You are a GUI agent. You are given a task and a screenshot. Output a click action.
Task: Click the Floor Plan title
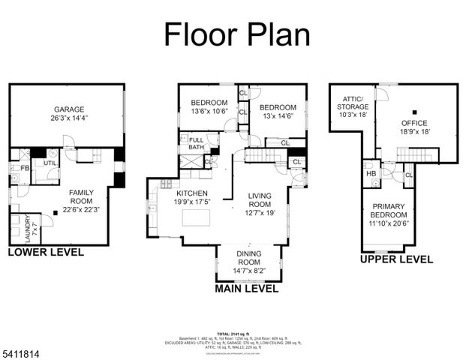tap(236, 34)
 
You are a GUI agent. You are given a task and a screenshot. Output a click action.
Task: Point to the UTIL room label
tap(50, 163)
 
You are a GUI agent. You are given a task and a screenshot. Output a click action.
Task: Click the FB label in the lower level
tap(24, 168)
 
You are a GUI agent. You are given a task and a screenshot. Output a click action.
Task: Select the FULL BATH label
tap(196, 145)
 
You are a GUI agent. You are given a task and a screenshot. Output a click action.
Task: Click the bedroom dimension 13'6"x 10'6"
tap(209, 111)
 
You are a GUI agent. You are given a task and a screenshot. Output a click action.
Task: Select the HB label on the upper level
tap(371, 174)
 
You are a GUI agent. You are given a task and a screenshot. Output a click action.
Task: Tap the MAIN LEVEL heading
tap(246, 288)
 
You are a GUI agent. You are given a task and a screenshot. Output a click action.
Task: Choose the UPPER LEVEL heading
tap(395, 259)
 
